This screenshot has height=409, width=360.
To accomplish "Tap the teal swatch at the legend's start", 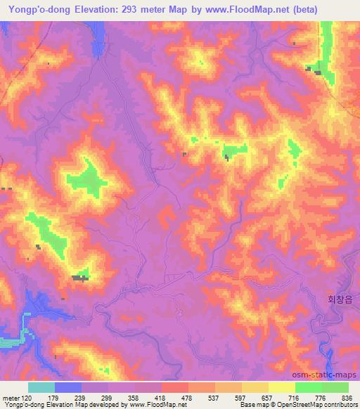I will (41, 387).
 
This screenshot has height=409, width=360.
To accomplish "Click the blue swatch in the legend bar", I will (68, 387).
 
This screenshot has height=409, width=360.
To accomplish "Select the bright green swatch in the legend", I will (309, 387).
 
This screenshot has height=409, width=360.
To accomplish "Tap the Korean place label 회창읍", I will (339, 298).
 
